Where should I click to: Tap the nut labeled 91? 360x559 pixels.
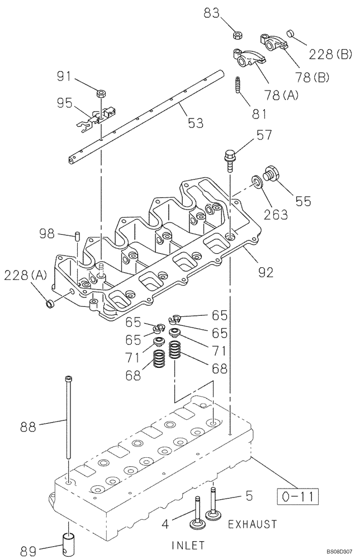[x=102, y=93]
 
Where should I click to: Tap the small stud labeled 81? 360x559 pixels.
[x=239, y=86]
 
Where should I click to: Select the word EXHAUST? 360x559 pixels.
[x=252, y=524]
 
